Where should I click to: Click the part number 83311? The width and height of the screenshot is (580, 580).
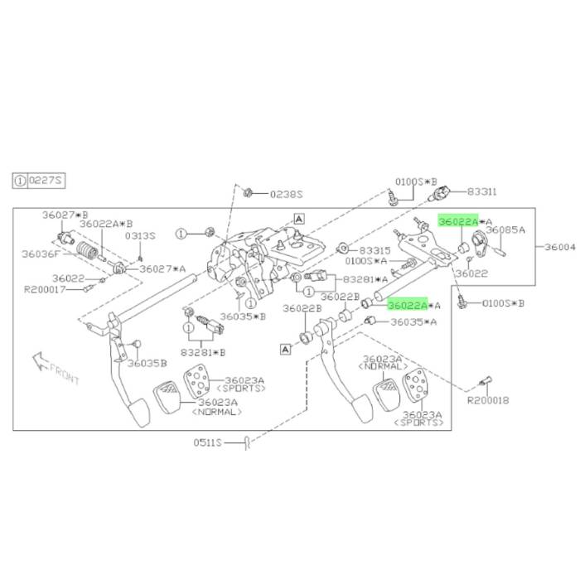tap(481, 191)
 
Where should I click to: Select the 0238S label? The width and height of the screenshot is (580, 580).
tap(286, 194)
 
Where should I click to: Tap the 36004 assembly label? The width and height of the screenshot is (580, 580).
tap(560, 247)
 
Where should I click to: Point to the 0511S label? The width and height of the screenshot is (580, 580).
tap(207, 442)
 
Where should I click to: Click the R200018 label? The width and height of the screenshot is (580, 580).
tap(488, 400)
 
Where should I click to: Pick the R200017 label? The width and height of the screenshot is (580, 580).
tap(45, 289)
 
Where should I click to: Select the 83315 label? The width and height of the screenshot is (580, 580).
tap(375, 250)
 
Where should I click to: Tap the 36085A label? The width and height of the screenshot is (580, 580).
tap(505, 230)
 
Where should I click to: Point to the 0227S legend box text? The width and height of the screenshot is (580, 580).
tap(46, 181)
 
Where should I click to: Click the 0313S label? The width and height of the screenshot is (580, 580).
tap(140, 235)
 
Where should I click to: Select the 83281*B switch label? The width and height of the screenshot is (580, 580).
tap(203, 352)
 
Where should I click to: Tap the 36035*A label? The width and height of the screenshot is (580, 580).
tap(413, 322)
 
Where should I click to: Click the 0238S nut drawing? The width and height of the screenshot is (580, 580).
tap(248, 193)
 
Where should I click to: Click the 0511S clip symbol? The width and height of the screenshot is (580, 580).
tap(248, 442)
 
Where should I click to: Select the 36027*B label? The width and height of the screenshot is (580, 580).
tap(65, 215)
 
